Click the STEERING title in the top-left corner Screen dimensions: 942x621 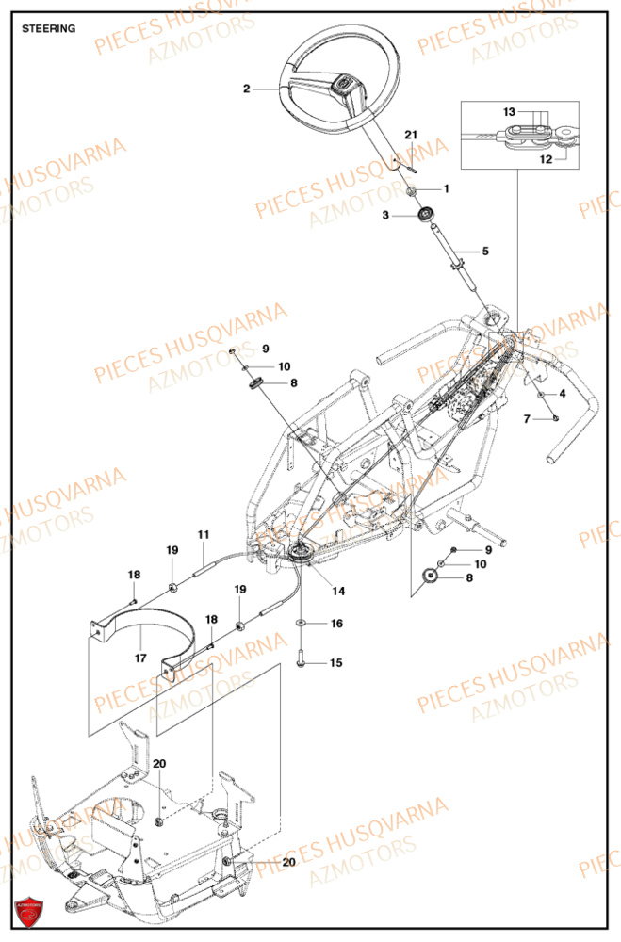49,28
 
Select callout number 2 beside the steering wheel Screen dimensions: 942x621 246,89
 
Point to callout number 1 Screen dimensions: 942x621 446,188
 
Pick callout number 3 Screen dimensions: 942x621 384,216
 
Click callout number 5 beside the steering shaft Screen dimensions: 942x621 485,252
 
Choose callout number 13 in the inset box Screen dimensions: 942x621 510,111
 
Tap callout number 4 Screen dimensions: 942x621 562,393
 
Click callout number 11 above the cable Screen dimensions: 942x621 203,534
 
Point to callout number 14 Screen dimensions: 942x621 337,591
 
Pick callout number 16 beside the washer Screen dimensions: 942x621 336,624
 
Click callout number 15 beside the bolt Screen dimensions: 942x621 336,663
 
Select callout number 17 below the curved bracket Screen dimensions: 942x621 140,658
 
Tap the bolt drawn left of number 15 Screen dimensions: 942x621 301,661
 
